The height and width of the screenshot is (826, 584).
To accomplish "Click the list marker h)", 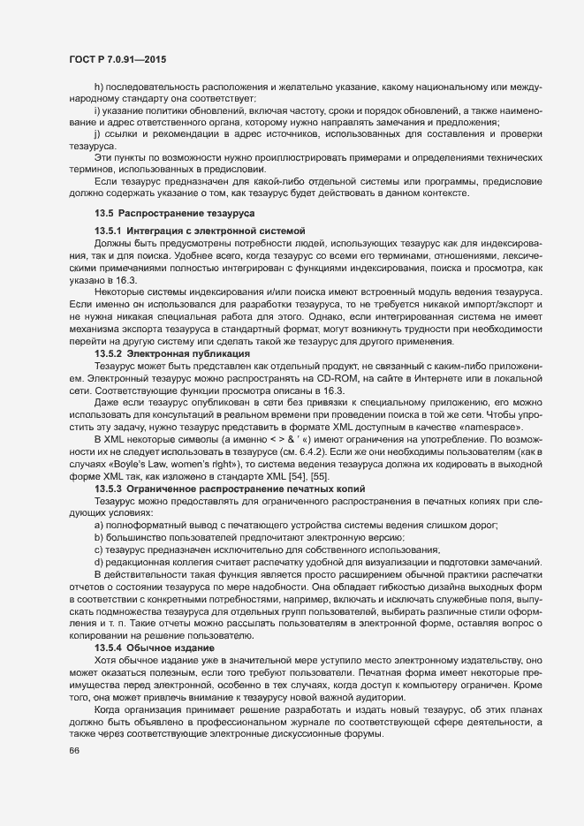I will (x=98, y=87).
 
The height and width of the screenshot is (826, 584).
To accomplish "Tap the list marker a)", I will (x=99, y=525).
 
